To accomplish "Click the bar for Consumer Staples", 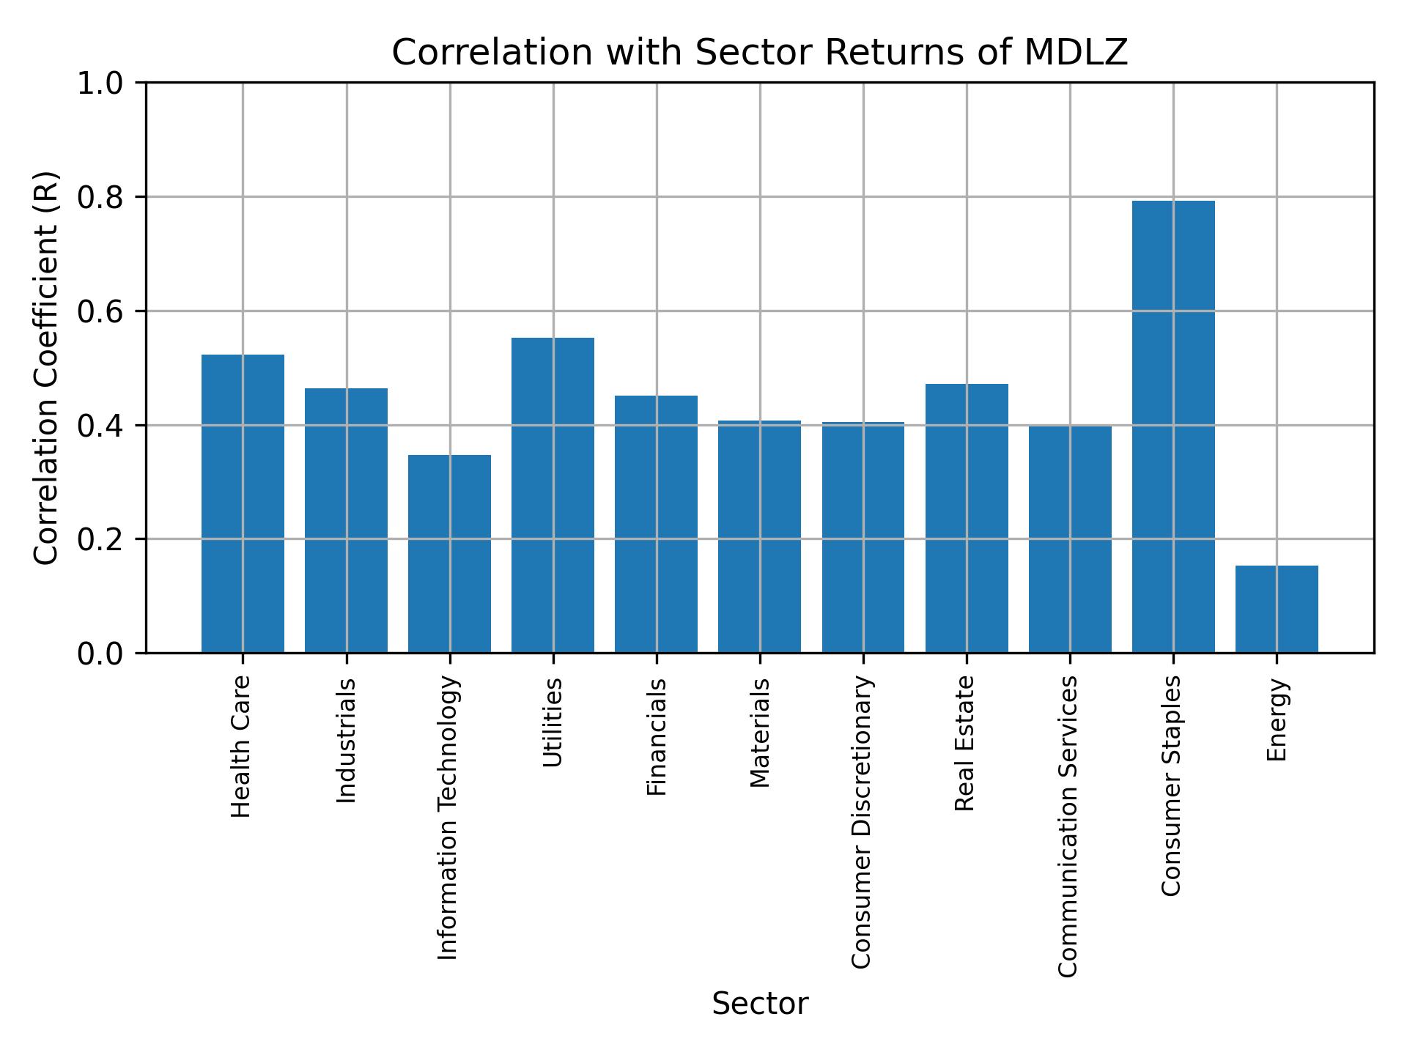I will point(1173,426).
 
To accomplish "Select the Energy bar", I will point(1277,609).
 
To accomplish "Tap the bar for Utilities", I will point(553,495).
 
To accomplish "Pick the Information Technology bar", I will point(449,554).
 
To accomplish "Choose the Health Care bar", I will point(243,503).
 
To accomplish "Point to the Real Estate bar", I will point(967,518).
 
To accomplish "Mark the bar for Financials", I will point(656,524).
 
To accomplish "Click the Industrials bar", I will point(346,520).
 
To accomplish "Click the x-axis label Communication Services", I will point(1068,826).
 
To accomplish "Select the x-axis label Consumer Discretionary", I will point(862,822).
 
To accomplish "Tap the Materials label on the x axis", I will point(760,733).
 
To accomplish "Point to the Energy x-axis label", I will point(1277,720).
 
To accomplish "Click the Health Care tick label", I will point(241,747).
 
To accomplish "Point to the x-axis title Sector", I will point(760,1004).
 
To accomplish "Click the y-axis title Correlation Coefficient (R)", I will point(46,368).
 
